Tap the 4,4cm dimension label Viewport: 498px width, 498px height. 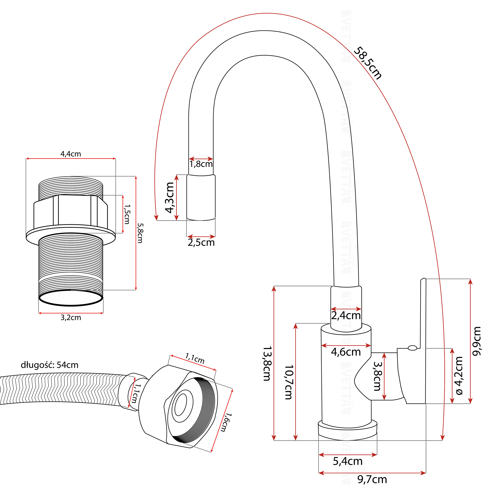click(x=71, y=154)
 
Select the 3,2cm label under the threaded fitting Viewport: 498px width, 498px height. click(x=71, y=317)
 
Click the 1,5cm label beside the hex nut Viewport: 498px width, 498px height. click(x=127, y=214)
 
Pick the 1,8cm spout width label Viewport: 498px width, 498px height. click(x=201, y=164)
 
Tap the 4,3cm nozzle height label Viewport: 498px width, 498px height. click(x=170, y=197)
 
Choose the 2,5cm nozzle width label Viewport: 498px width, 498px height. click(x=201, y=243)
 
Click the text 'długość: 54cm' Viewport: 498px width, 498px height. click(x=49, y=365)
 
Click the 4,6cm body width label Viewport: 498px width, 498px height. click(x=346, y=352)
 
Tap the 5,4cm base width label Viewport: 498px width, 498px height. click(x=347, y=461)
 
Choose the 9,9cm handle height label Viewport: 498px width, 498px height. click(x=477, y=341)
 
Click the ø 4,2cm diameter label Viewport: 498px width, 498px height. click(x=459, y=376)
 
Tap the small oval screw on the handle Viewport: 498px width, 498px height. click(x=412, y=348)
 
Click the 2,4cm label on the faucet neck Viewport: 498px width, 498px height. click(x=346, y=316)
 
